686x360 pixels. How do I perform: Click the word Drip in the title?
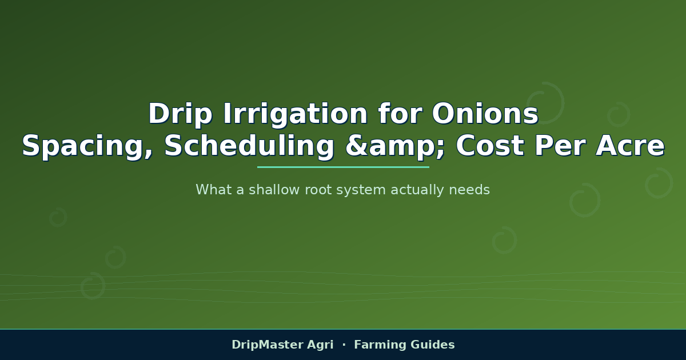180,114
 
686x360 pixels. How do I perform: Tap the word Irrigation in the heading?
295,114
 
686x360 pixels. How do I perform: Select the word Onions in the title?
485,114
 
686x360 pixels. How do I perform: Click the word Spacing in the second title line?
87,147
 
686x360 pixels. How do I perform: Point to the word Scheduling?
249,147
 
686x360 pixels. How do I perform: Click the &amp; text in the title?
395,147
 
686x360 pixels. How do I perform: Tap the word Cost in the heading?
490,146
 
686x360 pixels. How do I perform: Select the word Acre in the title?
630,146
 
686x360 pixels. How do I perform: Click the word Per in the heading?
560,146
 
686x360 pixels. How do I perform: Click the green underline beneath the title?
343,167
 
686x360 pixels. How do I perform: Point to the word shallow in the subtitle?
274,190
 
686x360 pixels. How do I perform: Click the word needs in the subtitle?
469,190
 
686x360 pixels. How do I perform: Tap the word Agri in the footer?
320,345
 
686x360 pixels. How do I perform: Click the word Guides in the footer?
432,345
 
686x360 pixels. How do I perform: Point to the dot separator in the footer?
344,345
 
